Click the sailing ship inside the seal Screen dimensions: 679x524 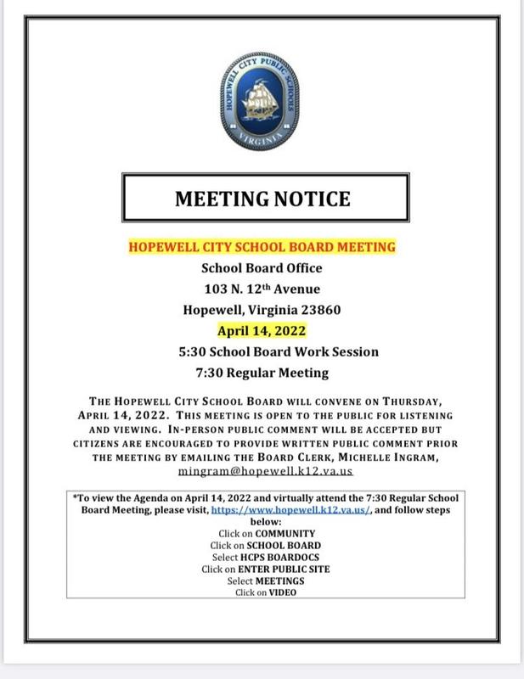click(262, 99)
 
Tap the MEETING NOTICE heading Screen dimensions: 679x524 click(262, 199)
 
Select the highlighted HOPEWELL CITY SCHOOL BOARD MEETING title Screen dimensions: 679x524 click(262, 249)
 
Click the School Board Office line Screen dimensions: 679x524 click(262, 269)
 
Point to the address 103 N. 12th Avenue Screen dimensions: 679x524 click(262, 289)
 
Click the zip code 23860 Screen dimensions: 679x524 click(318, 310)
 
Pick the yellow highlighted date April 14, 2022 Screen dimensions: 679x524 click(262, 330)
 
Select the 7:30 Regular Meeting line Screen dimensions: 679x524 click(262, 372)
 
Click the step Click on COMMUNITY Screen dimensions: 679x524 click(262, 533)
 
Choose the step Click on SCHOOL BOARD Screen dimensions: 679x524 click(262, 544)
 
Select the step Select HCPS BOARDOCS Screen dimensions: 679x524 click(262, 556)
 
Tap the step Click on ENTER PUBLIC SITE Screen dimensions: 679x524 click(262, 568)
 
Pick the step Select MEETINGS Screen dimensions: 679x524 click(262, 580)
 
